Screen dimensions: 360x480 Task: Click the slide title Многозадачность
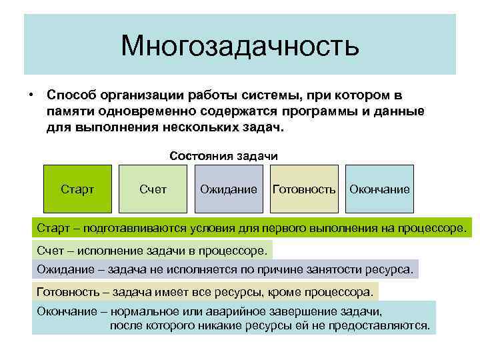(239, 46)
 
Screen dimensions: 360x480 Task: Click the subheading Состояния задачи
(223, 155)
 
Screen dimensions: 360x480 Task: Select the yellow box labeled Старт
(77, 189)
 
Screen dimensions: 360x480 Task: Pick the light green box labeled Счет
(153, 189)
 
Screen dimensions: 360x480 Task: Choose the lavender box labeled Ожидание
(229, 189)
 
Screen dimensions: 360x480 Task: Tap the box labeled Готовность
(304, 189)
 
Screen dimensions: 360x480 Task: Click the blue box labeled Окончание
(380, 189)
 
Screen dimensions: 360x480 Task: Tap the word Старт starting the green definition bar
(53, 229)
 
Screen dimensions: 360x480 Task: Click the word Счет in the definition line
(50, 251)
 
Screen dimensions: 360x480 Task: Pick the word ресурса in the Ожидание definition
(391, 270)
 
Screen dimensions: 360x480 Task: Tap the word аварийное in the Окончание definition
(253, 311)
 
